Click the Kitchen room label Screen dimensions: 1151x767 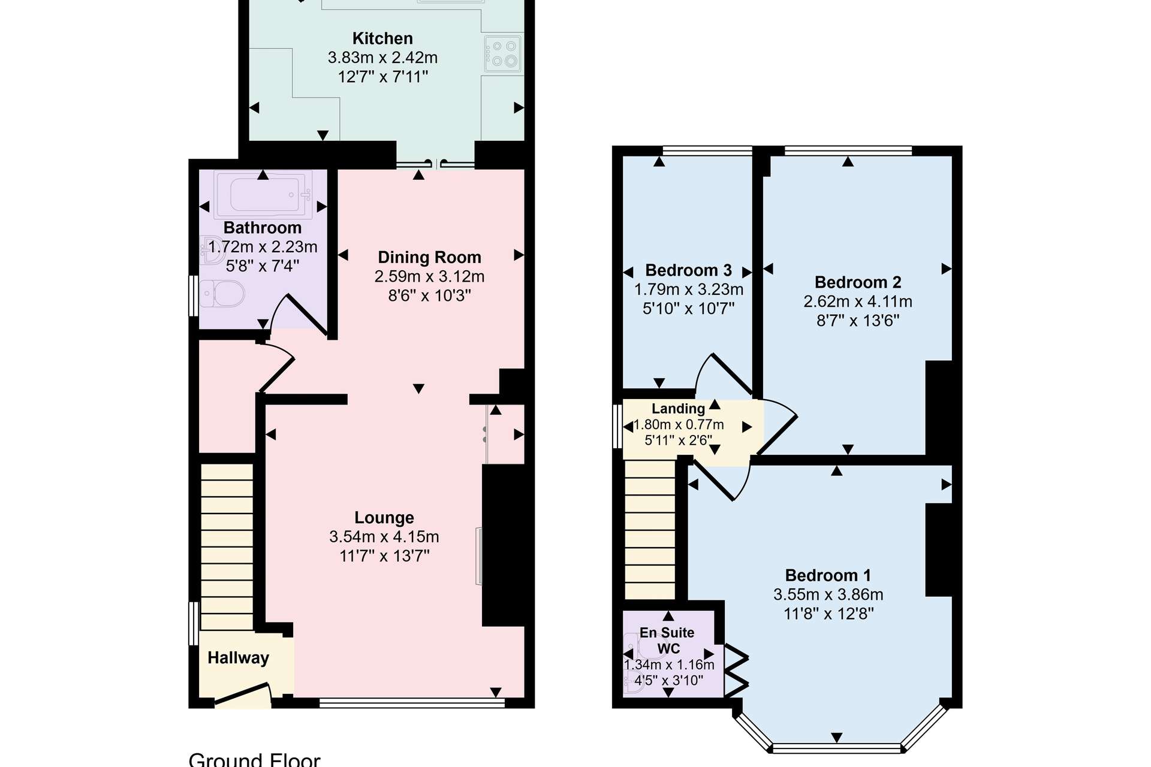click(382, 38)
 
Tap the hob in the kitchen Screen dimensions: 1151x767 click(503, 53)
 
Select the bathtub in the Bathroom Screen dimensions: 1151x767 click(264, 194)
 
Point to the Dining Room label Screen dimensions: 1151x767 click(429, 258)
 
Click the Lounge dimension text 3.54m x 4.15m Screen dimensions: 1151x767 click(384, 537)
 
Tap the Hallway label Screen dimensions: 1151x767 click(238, 658)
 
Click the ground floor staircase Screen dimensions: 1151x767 click(227, 546)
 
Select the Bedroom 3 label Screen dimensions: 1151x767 click(688, 270)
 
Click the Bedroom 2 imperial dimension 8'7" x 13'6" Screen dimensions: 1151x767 click(858, 321)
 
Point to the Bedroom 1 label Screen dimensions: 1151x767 click(828, 575)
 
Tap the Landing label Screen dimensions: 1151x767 click(678, 409)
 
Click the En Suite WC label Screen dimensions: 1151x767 click(667, 641)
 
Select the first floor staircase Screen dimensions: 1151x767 click(650, 530)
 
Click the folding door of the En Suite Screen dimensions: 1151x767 click(737, 671)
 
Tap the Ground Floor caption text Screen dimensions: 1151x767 click(254, 759)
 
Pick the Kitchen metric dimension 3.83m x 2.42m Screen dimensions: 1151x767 click(382, 58)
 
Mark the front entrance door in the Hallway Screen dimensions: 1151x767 click(242, 694)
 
